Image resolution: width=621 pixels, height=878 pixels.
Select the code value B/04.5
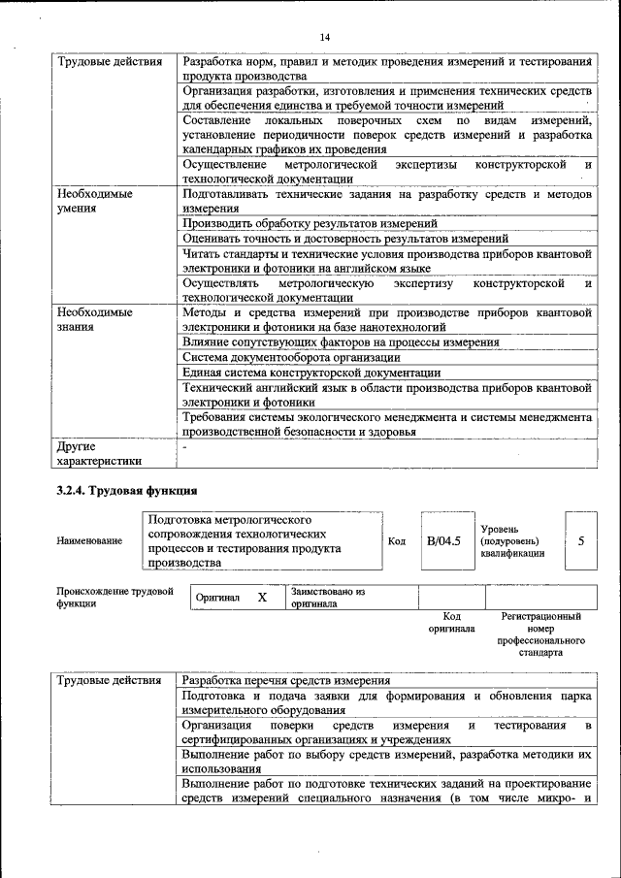[443, 540]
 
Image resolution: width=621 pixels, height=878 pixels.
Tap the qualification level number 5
[580, 540]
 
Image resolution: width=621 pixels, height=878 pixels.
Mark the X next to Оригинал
[261, 597]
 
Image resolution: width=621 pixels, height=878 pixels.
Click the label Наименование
[89, 540]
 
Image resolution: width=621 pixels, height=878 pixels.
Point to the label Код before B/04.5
[397, 540]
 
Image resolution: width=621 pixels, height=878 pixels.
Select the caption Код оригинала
[451, 622]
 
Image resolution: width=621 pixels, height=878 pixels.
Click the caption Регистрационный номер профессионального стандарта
[540, 634]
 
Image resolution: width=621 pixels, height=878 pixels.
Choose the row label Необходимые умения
[94, 201]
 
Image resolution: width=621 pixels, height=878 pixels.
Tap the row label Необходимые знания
[94, 320]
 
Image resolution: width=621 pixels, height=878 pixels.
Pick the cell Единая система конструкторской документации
[311, 372]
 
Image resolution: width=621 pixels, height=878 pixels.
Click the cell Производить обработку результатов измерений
[310, 223]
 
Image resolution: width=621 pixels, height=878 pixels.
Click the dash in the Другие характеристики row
[185, 447]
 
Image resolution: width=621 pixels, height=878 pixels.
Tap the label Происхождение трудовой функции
[114, 597]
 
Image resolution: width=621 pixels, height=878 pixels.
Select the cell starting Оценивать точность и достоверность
[344, 238]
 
